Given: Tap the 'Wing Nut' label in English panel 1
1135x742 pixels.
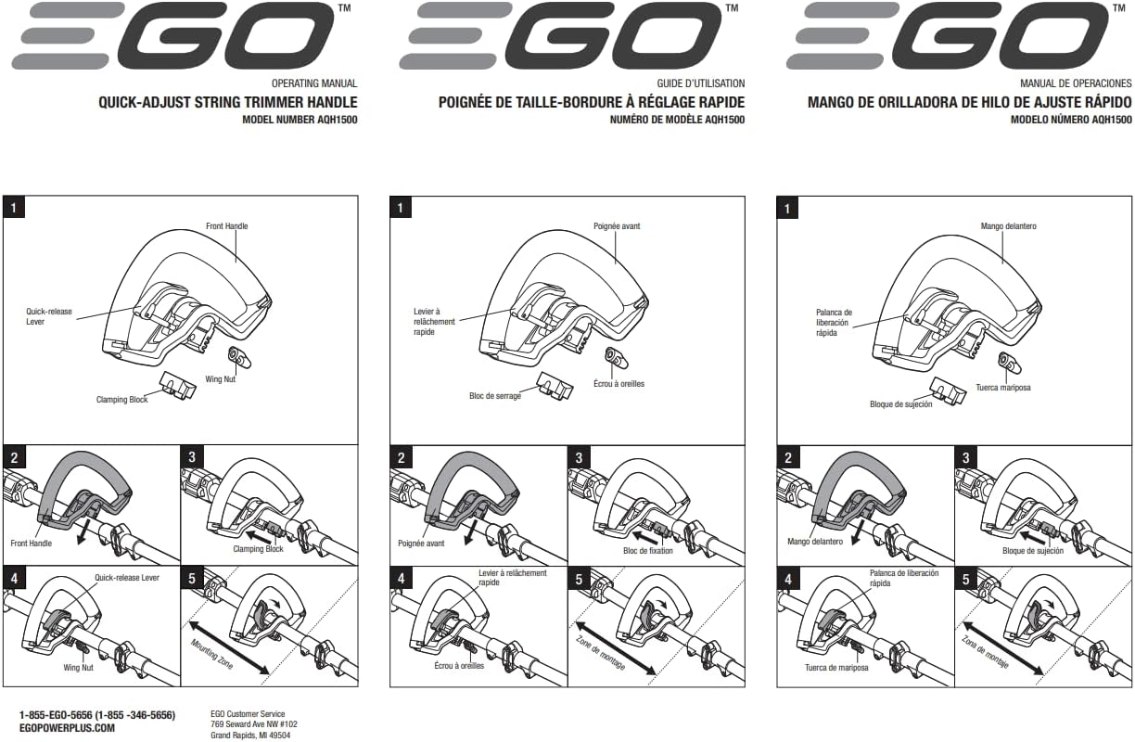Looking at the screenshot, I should (x=220, y=379).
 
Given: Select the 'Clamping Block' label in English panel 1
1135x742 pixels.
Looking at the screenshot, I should (x=122, y=400).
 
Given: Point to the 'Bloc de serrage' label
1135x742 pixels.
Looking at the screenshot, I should (x=495, y=396).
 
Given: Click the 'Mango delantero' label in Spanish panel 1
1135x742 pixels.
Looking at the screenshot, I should (x=1008, y=226).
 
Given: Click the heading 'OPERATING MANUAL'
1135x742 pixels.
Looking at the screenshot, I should (x=314, y=83).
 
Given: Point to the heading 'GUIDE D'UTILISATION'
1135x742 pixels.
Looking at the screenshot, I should (x=700, y=83).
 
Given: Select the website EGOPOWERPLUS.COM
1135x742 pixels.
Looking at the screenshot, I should (x=67, y=728).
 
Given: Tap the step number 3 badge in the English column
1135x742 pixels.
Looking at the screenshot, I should (x=192, y=457).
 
